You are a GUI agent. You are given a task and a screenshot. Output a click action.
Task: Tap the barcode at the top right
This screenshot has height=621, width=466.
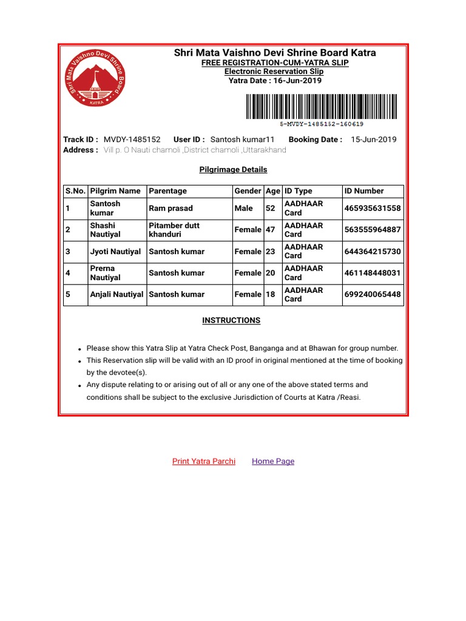pyautogui.click(x=322, y=107)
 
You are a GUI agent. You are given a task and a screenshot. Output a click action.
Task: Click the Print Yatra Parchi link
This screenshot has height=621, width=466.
pyautogui.click(x=204, y=461)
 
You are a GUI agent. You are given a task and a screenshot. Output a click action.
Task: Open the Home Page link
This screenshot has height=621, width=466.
pyautogui.click(x=273, y=461)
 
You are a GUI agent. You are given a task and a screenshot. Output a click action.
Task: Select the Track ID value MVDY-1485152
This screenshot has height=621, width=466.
pyautogui.click(x=132, y=139)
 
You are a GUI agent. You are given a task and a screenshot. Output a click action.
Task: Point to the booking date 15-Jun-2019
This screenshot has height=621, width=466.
pyautogui.click(x=374, y=139)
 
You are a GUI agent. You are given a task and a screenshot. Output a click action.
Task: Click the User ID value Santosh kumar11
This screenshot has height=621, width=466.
pyautogui.click(x=243, y=139)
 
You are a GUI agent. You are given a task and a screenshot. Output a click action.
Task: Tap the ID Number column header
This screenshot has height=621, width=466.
pyautogui.click(x=364, y=191)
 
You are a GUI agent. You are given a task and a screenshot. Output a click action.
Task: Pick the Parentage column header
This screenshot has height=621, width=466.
pyautogui.click(x=168, y=191)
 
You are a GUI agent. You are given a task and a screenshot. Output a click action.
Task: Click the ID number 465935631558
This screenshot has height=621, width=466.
pyautogui.click(x=373, y=209)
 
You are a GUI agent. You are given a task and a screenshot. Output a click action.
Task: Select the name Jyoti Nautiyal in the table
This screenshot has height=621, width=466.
pyautogui.click(x=115, y=252)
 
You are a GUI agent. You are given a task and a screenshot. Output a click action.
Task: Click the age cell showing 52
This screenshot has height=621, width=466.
pyautogui.click(x=271, y=209)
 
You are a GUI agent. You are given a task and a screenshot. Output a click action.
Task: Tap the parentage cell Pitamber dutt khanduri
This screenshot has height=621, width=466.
pyautogui.click(x=174, y=230)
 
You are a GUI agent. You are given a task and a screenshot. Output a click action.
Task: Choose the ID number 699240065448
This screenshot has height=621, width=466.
pyautogui.click(x=373, y=295)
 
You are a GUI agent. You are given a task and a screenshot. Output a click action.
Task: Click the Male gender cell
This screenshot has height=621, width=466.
pyautogui.click(x=244, y=209)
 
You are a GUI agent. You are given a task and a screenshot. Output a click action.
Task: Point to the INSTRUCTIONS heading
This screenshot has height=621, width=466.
pyautogui.click(x=231, y=320)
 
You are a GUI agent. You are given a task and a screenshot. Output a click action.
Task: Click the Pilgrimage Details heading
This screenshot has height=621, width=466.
pyautogui.click(x=233, y=170)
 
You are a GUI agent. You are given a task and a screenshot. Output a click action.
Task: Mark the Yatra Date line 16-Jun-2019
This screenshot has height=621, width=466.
pyautogui.click(x=275, y=81)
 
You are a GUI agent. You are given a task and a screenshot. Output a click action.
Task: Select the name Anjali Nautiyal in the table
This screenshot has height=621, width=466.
pyautogui.click(x=117, y=295)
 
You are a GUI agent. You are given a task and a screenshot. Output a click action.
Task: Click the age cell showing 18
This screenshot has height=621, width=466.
pyautogui.click(x=271, y=295)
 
